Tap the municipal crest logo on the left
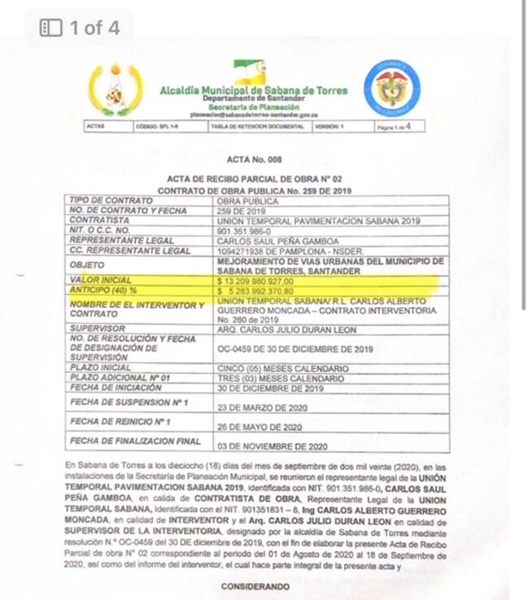[x=115, y=90]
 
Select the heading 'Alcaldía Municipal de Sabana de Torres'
[x=253, y=90]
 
